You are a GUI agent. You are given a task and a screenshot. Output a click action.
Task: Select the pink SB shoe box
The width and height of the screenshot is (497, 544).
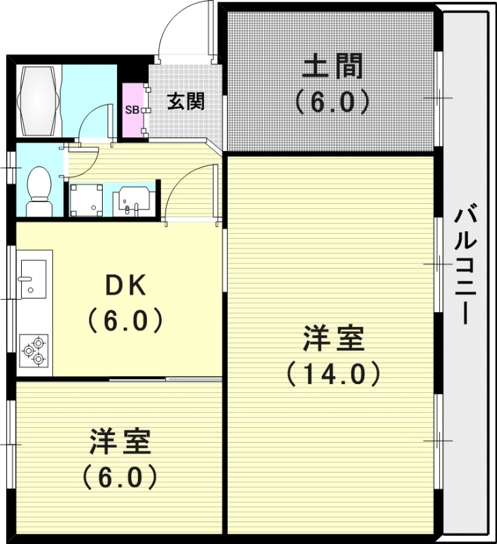coord(132,109)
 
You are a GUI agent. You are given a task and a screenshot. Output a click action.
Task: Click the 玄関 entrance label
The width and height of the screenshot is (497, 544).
coord(186,102)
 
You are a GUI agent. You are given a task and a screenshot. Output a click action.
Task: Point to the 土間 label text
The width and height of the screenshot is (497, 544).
coord(332,69)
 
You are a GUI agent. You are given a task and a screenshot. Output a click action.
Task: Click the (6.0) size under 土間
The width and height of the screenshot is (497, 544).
coord(332,102)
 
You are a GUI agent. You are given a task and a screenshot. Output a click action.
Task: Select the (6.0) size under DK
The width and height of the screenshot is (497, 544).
coord(124,320)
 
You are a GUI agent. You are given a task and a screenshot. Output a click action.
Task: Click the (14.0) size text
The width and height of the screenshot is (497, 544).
coord(332,373)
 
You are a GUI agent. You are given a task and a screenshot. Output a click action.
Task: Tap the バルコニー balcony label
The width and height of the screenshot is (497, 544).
coord(466,265)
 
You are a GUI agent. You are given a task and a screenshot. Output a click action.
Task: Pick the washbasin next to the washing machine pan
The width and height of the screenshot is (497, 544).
coord(132,199)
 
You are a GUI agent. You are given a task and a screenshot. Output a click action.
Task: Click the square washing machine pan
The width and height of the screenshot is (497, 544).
coord(86,199)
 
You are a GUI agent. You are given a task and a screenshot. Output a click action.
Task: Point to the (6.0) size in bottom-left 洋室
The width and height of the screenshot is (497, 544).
coord(120,477)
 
